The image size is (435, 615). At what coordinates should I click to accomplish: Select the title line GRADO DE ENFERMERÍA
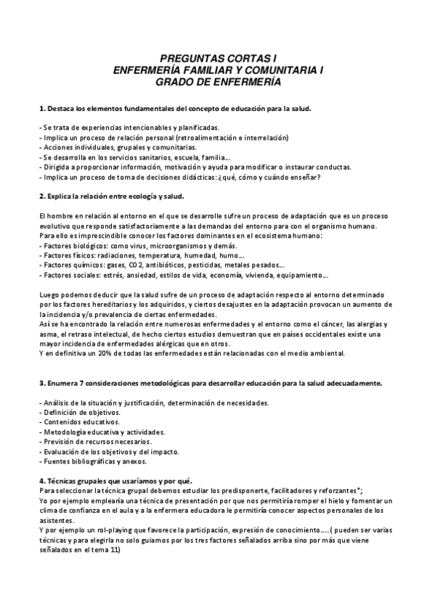[219, 82]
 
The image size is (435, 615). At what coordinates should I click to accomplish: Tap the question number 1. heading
[42, 109]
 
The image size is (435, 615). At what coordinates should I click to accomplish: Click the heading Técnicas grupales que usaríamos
[109, 480]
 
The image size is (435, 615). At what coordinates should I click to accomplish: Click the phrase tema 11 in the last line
[103, 549]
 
